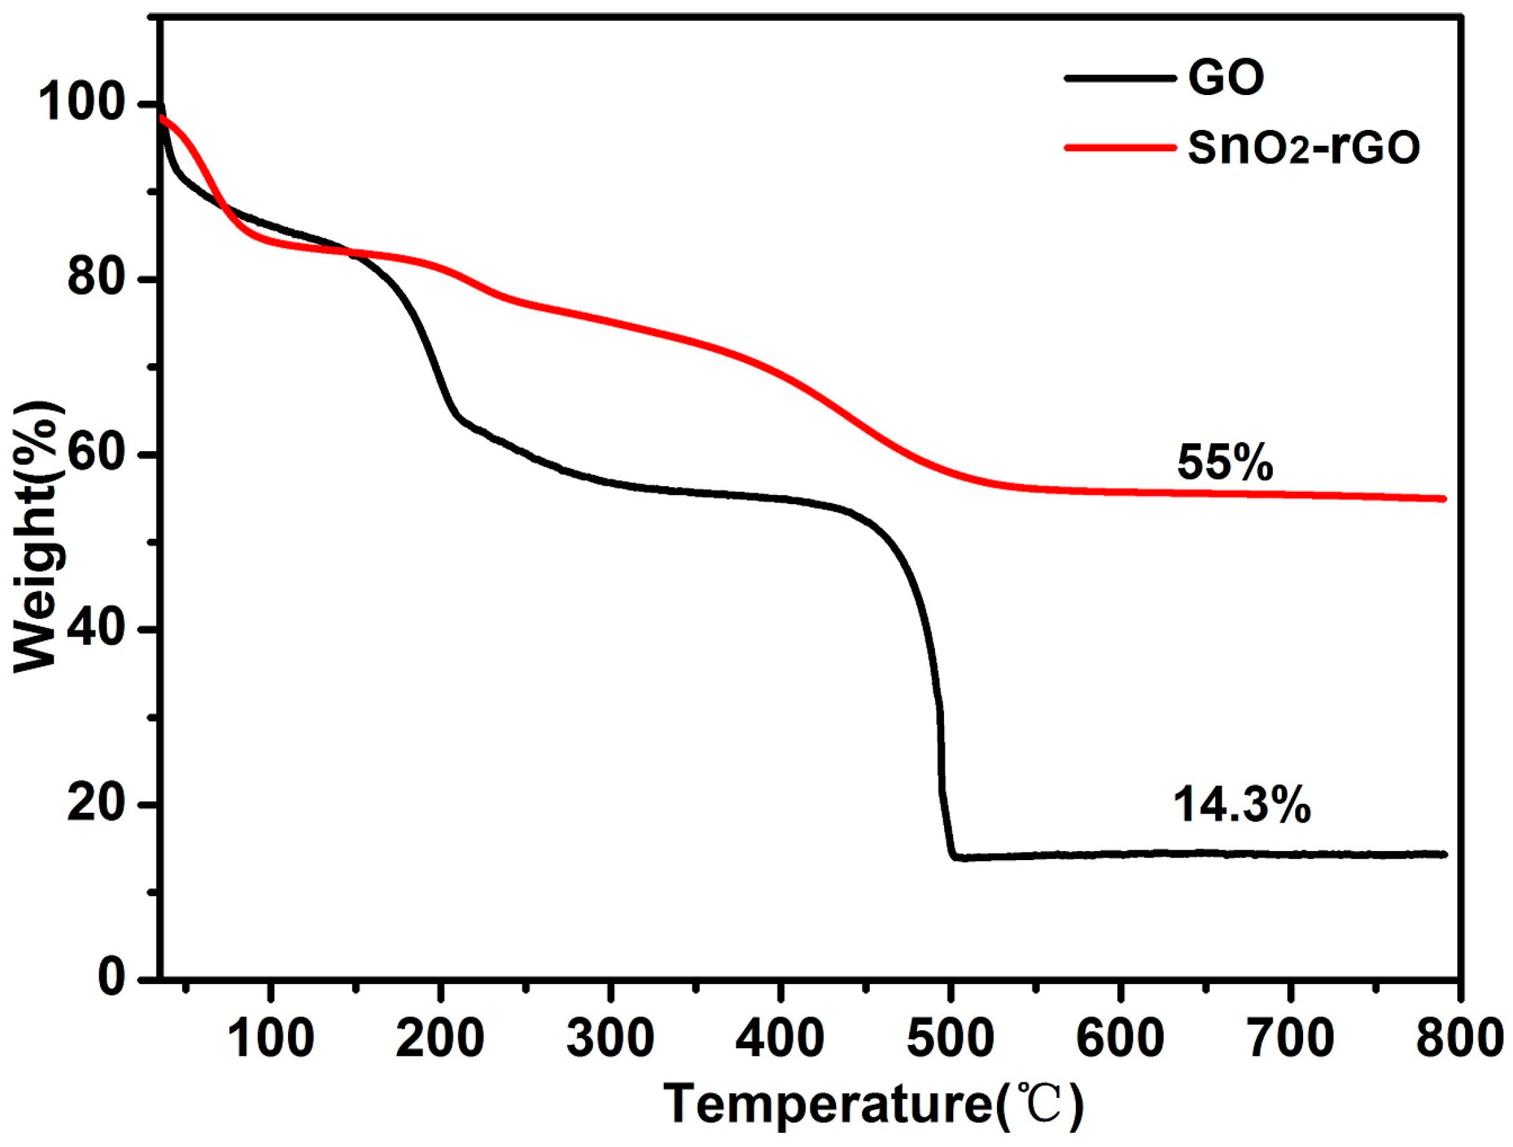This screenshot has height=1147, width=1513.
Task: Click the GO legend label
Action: pos(1226,78)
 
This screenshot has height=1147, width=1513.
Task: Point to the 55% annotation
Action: pos(1225,463)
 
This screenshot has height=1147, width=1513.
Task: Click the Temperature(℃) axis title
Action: pos(874,1104)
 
